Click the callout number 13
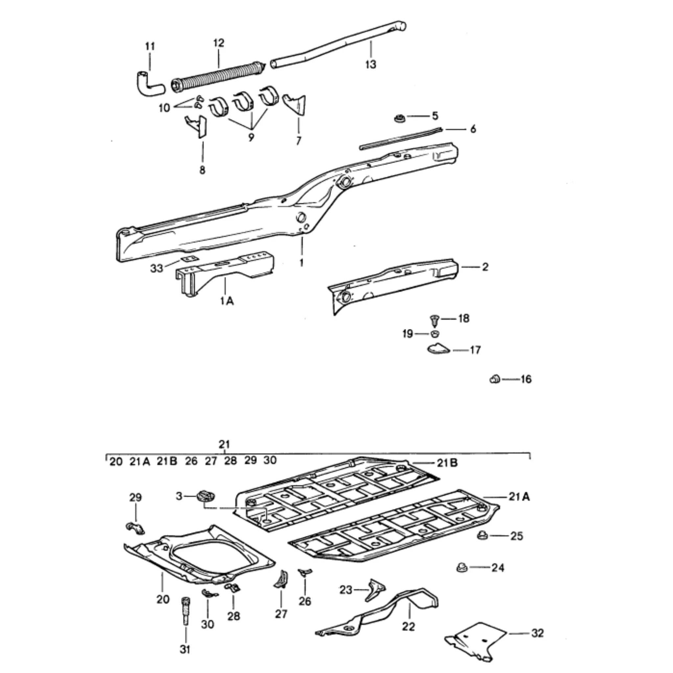[x=371, y=64]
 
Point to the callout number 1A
[x=227, y=300]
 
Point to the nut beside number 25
[x=482, y=535]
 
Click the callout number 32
[x=538, y=633]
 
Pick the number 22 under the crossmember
[x=408, y=627]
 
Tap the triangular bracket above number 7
[x=296, y=104]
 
